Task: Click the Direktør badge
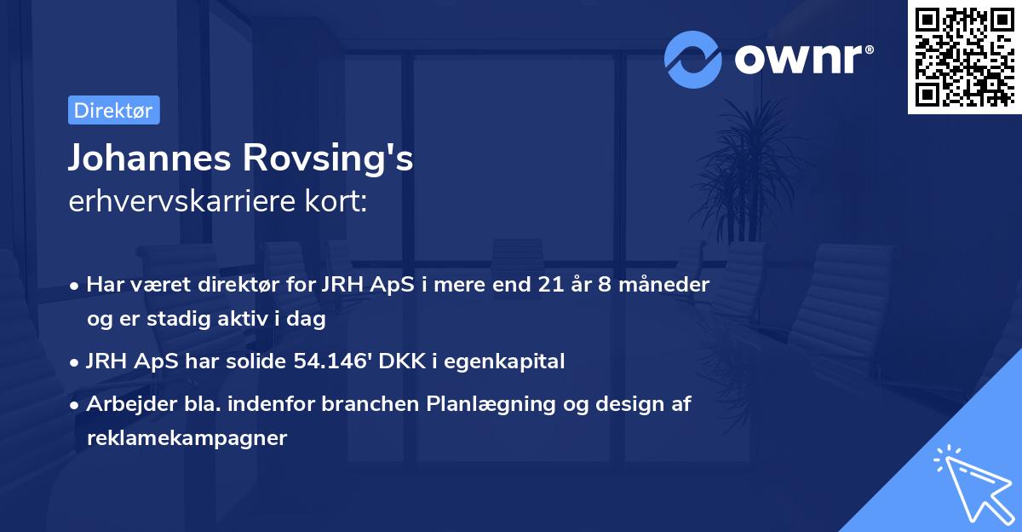113,111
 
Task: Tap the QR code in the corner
964,56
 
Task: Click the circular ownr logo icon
693,59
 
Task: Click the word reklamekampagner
187,438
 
